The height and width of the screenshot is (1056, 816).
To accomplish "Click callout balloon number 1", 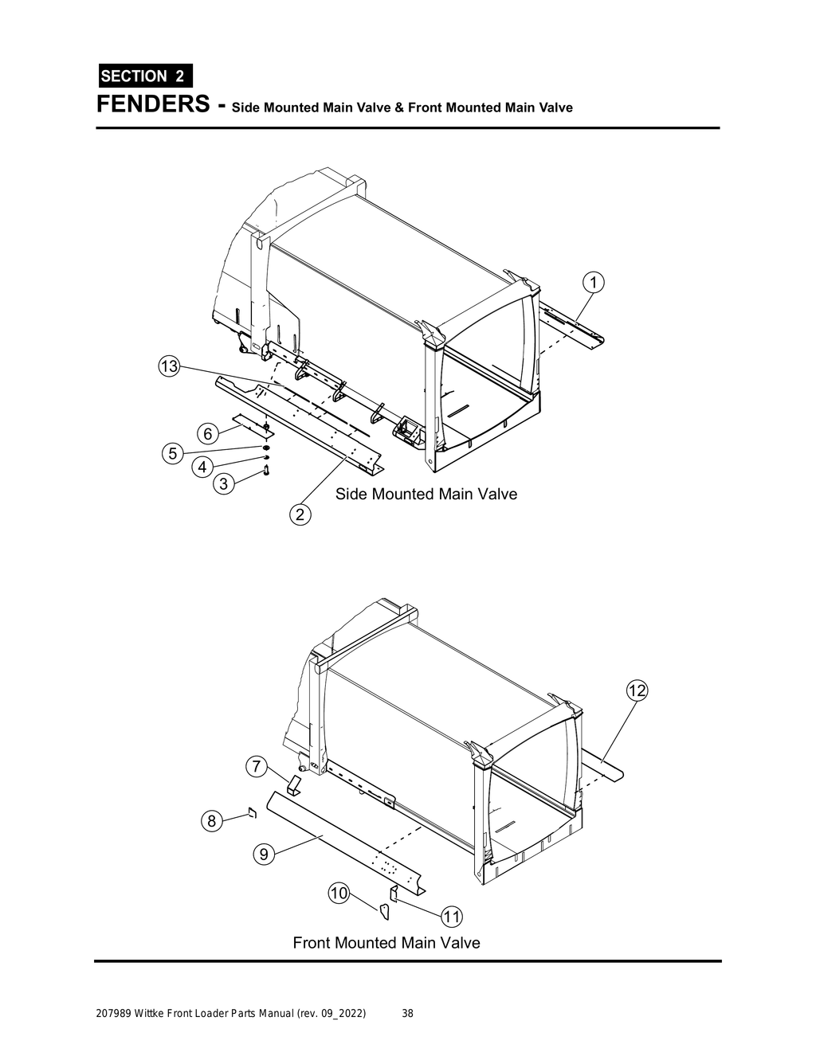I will click(592, 282).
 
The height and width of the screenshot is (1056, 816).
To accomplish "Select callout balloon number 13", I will click(168, 367).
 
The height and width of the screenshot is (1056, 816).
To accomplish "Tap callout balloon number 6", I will click(207, 434).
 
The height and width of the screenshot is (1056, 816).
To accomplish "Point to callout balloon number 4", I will click(202, 466).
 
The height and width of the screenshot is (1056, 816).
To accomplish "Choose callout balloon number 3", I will click(223, 483).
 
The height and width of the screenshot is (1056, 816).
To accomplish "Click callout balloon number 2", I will click(300, 515).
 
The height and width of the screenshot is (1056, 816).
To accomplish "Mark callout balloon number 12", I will click(636, 691).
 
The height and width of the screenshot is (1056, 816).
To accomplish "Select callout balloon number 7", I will click(255, 768).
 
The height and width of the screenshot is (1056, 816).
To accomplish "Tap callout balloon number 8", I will click(210, 821).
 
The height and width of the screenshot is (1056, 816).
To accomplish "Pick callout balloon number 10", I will click(339, 893).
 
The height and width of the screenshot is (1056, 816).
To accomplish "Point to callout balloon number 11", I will click(452, 917).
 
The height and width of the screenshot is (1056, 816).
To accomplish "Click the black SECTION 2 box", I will click(144, 76).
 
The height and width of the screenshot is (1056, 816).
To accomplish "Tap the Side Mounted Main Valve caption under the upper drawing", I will click(426, 495).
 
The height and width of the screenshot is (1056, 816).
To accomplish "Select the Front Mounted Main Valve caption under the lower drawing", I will click(386, 943).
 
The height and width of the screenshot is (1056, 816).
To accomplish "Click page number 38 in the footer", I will click(407, 1014).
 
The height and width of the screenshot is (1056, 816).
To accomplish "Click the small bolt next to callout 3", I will click(265, 474).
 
